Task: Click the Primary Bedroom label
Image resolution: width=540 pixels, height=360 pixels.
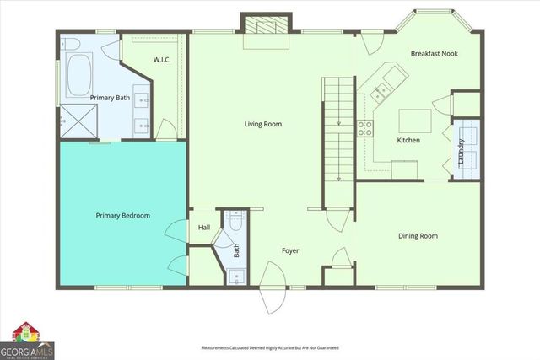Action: [x=123, y=216]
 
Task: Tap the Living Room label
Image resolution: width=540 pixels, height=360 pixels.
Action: [x=262, y=124]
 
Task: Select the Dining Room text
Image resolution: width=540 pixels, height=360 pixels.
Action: [x=418, y=236]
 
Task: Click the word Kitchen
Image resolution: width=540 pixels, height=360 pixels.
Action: [x=409, y=141]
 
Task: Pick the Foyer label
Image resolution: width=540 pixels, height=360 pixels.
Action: [x=290, y=250]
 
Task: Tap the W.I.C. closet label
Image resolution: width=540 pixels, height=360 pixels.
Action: [x=163, y=60]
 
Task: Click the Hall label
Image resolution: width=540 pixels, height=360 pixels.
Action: [x=204, y=228]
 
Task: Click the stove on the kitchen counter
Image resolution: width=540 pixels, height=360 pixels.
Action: [x=366, y=129]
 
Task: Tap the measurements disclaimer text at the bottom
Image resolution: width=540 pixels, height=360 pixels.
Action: [x=269, y=347]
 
